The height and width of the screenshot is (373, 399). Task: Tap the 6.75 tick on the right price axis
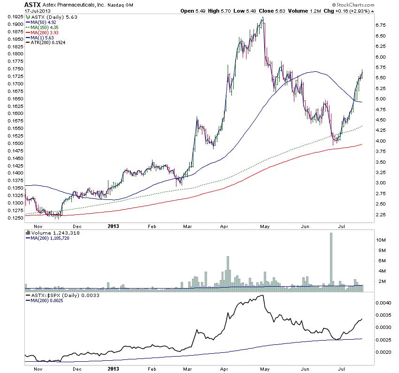pos(381,25)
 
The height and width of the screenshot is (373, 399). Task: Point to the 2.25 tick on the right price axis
pos(381,215)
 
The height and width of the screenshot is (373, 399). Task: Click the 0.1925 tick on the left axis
pos(15,16)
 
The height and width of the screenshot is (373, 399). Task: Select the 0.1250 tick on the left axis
pos(15,218)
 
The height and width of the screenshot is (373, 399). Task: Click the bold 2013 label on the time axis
pos(114,226)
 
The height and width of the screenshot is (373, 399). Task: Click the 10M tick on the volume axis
pos(381,240)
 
